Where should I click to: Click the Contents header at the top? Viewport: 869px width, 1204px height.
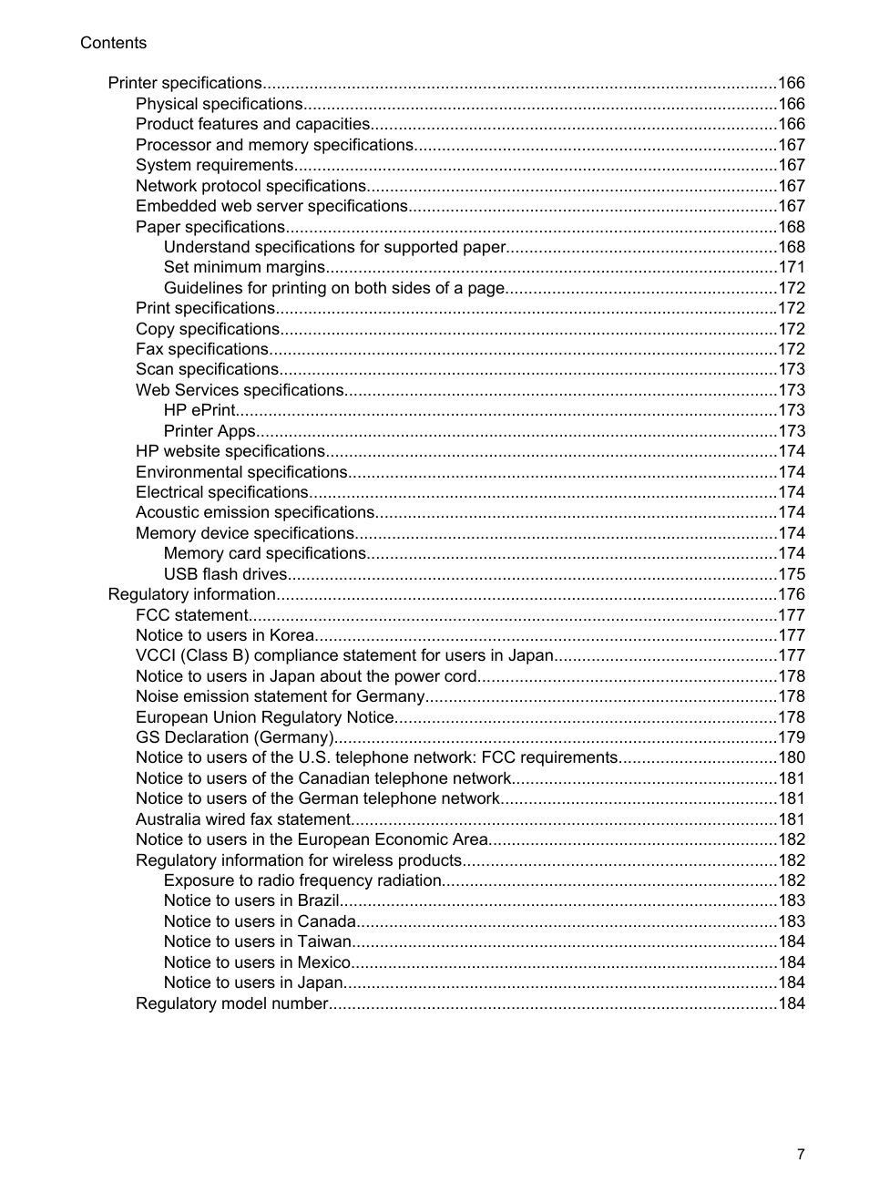[x=113, y=43]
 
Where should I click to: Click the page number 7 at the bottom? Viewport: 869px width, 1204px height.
[x=801, y=1154]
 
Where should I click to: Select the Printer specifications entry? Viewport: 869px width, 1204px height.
[x=185, y=83]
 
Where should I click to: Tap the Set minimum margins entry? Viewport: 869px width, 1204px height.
[x=244, y=267]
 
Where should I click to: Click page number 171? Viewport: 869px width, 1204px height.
[x=792, y=267]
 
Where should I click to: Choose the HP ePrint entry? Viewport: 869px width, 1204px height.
[x=199, y=410]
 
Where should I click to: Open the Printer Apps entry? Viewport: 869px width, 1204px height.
[x=210, y=431]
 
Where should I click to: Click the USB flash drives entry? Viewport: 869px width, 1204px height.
[x=225, y=574]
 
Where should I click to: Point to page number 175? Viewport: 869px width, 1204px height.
[x=792, y=574]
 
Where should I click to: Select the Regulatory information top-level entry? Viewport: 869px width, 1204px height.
[x=191, y=594]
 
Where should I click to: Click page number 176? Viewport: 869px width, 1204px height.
[x=792, y=594]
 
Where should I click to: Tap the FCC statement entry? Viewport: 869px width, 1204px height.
[x=191, y=615]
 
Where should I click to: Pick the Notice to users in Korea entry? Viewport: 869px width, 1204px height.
[x=225, y=635]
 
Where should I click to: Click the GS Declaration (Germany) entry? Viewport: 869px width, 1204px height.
[x=235, y=737]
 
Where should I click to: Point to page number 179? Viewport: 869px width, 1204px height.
[x=792, y=737]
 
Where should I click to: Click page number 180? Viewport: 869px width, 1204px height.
[x=792, y=757]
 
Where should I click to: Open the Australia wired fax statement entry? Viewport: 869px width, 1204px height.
[x=243, y=819]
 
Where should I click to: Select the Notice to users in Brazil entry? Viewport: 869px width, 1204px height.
[x=251, y=900]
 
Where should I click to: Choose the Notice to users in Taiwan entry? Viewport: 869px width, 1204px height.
[x=257, y=942]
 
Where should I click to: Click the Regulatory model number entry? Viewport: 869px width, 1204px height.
[x=231, y=1003]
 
